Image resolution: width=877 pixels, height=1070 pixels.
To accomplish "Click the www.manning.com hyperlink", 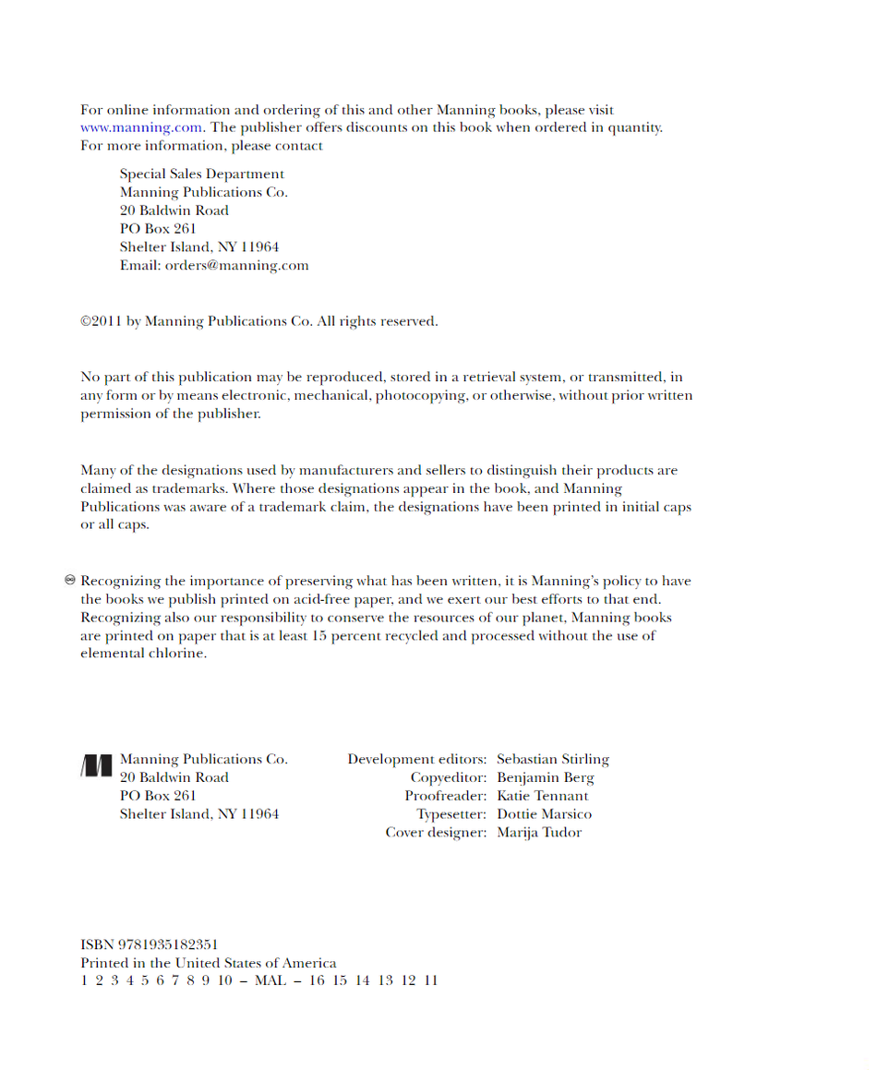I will coord(140,128).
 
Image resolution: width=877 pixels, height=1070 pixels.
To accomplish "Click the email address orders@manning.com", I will coord(236,266).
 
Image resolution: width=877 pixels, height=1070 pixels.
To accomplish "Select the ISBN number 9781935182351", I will coord(168,944).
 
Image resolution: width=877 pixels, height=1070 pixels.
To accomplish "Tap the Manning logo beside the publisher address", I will coord(96,765).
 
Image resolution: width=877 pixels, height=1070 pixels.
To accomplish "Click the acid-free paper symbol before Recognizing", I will coord(69,581).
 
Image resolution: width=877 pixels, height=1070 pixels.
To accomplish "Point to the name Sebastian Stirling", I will coord(552,760).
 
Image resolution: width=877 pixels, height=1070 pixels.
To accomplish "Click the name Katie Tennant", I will coord(542,796).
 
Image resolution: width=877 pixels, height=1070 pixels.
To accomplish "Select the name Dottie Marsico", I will coord(544,814).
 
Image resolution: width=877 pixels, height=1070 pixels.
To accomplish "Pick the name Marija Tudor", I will coord(539,833).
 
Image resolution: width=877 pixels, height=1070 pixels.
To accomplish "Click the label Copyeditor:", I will coord(448,778).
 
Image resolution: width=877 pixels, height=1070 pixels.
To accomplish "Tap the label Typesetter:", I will coord(451,814).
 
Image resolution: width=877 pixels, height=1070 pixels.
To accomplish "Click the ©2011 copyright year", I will coord(101,321).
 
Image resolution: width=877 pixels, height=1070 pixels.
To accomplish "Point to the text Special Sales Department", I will coord(201,174).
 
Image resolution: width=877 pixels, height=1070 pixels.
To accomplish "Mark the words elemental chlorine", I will coord(142,654).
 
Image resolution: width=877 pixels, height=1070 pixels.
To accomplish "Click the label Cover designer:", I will coord(436,833).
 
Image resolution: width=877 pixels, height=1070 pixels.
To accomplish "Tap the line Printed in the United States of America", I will coord(208,963).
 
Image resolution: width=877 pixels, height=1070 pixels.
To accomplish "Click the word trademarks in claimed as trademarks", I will coord(182,489).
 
